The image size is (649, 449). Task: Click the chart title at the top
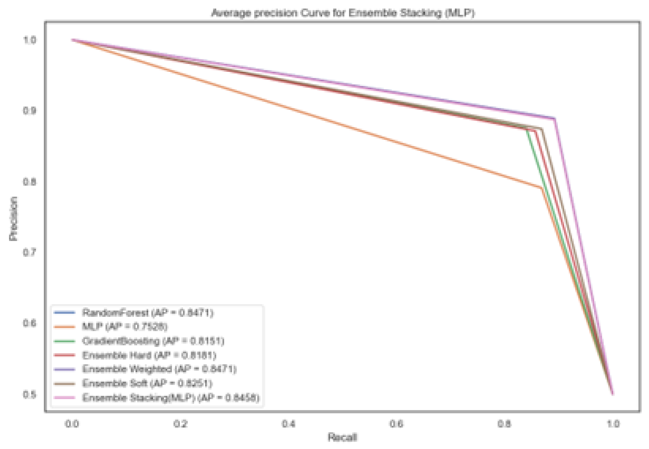(x=343, y=13)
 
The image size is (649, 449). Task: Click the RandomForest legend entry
(x=147, y=313)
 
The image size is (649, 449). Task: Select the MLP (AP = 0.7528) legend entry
(x=125, y=327)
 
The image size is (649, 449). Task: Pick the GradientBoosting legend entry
(x=153, y=341)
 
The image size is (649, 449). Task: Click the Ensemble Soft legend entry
(x=147, y=383)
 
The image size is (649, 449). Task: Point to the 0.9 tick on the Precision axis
(x=30, y=110)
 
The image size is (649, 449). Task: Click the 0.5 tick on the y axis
(x=30, y=394)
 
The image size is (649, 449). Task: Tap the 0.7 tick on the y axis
(x=30, y=252)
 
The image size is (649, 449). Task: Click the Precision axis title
(x=13, y=219)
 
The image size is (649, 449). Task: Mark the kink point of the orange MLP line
(x=541, y=188)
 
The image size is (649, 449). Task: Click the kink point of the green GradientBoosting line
(x=527, y=130)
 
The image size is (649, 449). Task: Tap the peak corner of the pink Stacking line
(x=554, y=118)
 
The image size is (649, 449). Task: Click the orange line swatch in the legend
(x=64, y=327)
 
